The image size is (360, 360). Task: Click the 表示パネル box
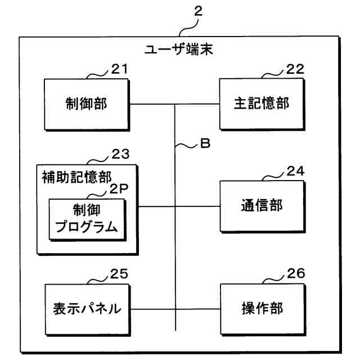87,309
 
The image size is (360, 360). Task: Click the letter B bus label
204,144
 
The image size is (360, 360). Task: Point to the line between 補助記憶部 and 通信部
157,206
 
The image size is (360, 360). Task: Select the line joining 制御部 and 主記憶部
152,105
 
